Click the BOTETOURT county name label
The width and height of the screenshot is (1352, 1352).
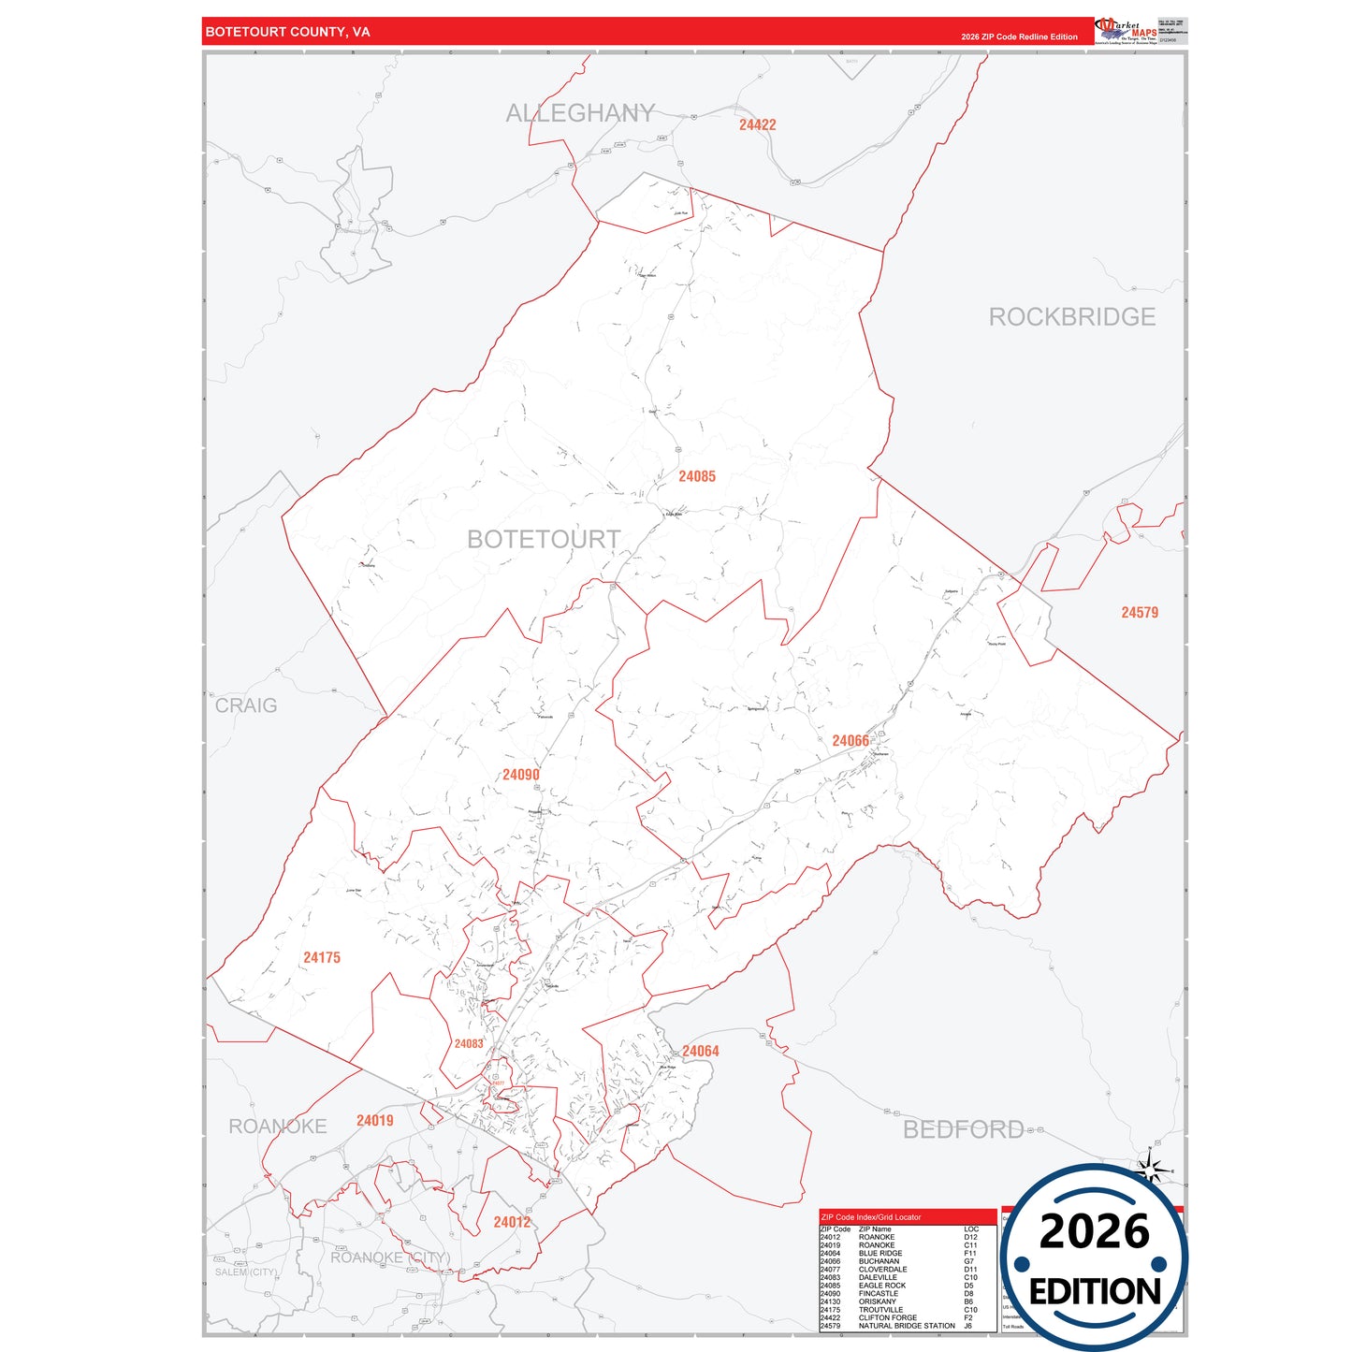543,540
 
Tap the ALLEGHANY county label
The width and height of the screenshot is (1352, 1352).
580,113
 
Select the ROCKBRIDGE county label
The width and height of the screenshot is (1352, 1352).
1071,317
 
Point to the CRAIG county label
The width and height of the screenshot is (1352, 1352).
246,705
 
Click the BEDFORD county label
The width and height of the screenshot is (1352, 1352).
963,1129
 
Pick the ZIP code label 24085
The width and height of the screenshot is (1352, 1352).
697,477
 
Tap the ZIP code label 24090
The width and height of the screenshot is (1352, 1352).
520,775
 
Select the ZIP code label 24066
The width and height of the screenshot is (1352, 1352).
850,741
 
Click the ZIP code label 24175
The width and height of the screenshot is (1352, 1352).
322,958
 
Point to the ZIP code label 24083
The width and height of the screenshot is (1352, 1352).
469,1044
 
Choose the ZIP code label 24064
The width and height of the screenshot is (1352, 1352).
700,1052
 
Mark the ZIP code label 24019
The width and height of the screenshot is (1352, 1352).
374,1121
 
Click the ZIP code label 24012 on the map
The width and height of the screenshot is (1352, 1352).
512,1222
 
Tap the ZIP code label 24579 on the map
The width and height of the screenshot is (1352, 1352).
1140,613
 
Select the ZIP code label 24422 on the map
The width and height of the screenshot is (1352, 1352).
757,124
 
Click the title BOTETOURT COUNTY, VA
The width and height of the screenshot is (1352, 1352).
288,32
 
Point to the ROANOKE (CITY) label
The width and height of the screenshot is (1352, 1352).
390,1258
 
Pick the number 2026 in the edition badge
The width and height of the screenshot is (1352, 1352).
1094,1231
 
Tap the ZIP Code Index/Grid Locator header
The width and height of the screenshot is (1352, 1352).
870,1217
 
